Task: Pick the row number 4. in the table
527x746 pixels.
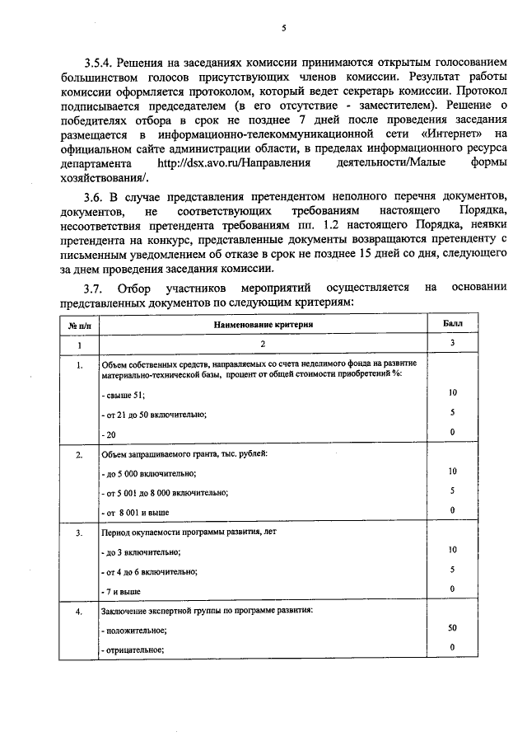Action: (79, 612)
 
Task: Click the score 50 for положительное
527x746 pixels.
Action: (452, 628)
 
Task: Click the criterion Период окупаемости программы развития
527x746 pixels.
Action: (189, 533)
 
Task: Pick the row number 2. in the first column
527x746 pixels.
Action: (79, 455)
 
